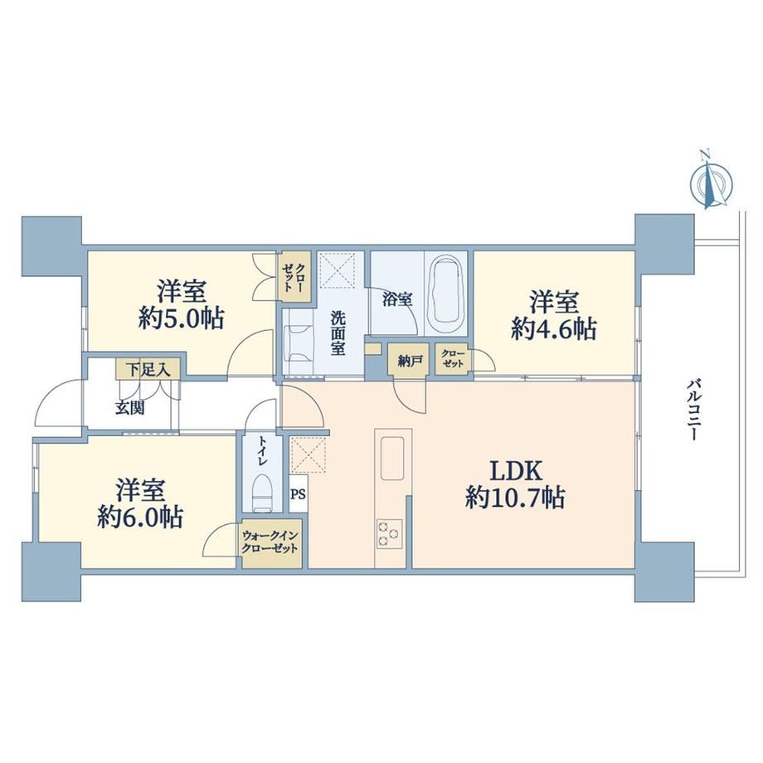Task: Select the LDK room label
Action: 515,470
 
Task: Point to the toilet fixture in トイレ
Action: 262,493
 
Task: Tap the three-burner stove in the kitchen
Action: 389,534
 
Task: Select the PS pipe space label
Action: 298,494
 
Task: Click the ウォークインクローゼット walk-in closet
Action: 271,543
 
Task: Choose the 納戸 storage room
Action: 409,360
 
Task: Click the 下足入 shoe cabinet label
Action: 148,370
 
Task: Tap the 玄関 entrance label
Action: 130,407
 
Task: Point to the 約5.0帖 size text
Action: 181,318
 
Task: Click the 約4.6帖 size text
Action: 554,329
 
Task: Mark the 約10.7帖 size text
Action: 515,498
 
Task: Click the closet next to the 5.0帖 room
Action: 295,278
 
